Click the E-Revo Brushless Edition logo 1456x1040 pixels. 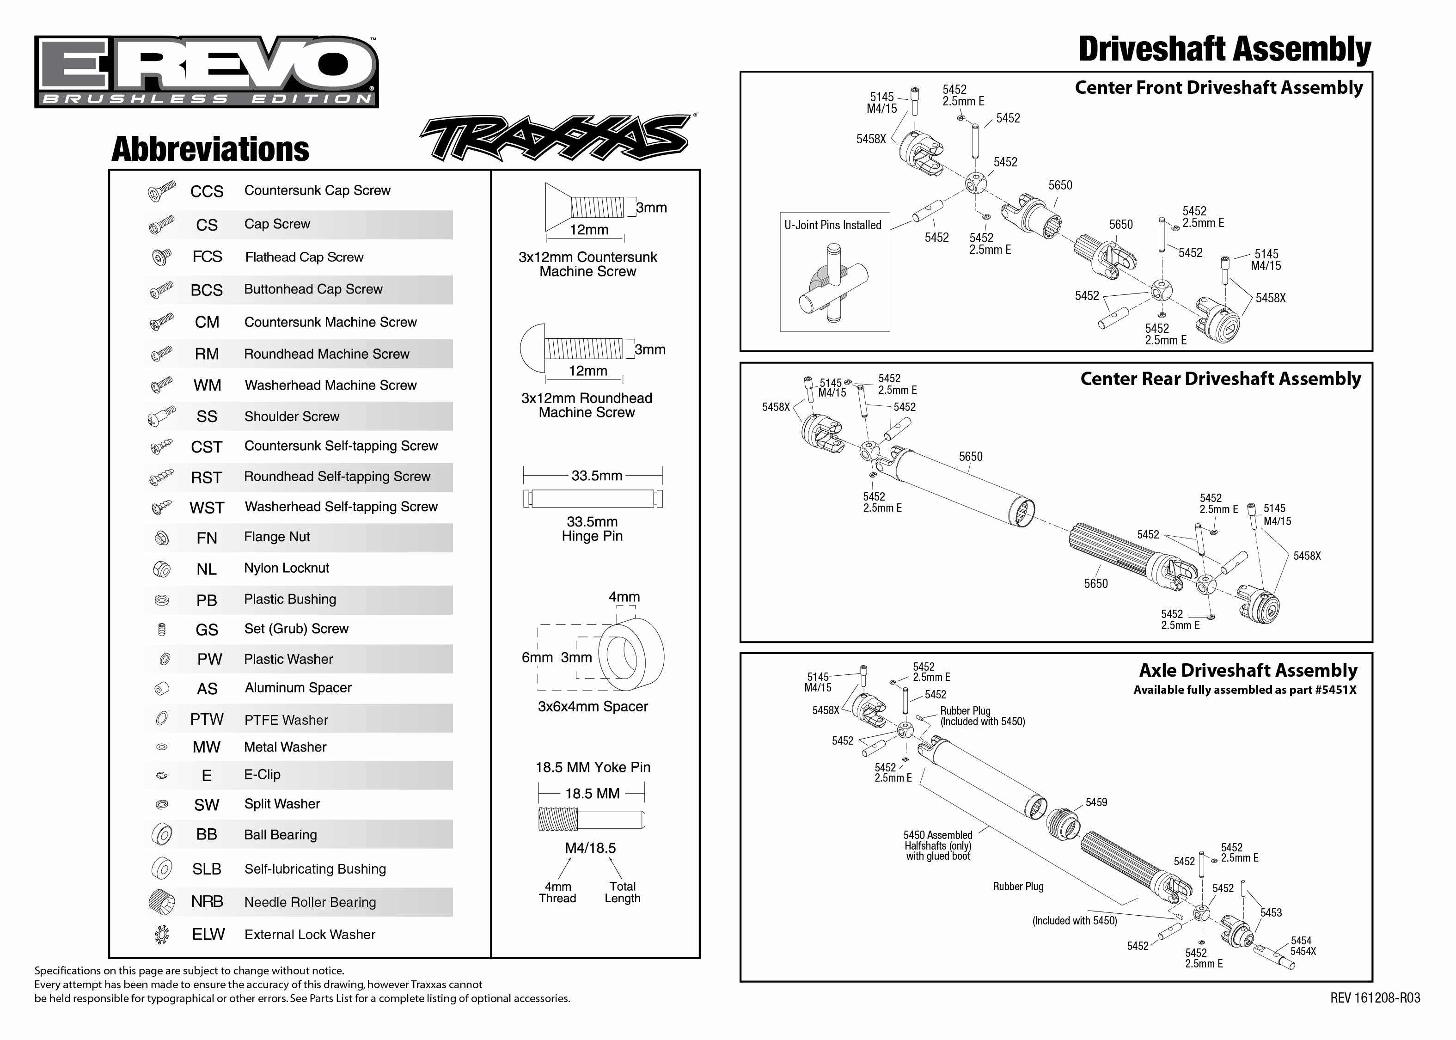[206, 71]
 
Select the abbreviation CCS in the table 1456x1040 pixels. [206, 191]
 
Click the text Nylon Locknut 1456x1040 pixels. [286, 568]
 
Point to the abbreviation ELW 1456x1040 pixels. [208, 934]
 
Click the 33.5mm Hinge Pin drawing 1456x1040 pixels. [592, 498]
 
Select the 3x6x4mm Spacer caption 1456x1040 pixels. [592, 706]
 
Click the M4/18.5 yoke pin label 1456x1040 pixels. [590, 848]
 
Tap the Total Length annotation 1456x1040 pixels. [622, 892]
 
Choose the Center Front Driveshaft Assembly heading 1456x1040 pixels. [1218, 88]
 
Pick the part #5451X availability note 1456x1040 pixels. [1244, 690]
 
